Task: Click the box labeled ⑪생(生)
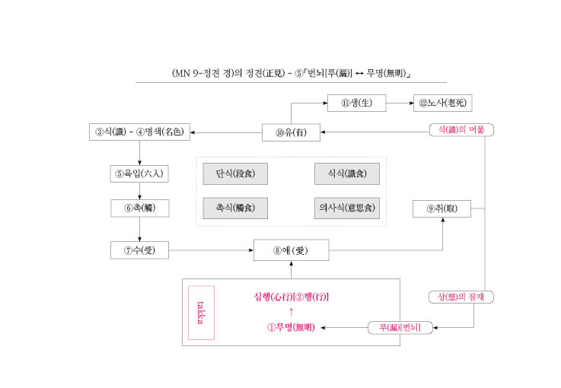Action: pyautogui.click(x=356, y=103)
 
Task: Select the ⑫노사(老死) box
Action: pyautogui.click(x=442, y=103)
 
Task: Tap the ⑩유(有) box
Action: pyautogui.click(x=291, y=132)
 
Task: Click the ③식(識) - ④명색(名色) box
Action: pyautogui.click(x=139, y=132)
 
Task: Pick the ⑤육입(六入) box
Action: pyautogui.click(x=139, y=173)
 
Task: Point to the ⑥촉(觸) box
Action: pyautogui.click(x=140, y=208)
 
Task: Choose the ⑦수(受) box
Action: pyautogui.click(x=139, y=250)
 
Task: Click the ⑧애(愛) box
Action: pyautogui.click(x=291, y=250)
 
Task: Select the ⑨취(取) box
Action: pyautogui.click(x=441, y=209)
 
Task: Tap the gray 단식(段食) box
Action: pyautogui.click(x=235, y=173)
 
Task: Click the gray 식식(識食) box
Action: pyautogui.click(x=347, y=173)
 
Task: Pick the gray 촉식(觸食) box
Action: pyautogui.click(x=235, y=208)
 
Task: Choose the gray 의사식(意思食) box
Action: pyautogui.click(x=347, y=208)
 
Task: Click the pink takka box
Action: pyautogui.click(x=201, y=313)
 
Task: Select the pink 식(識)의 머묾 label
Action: pyautogui.click(x=461, y=130)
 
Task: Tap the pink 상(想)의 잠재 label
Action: pyautogui.click(x=461, y=297)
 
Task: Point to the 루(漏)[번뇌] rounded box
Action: pyautogui.click(x=400, y=328)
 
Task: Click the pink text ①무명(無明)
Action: pyautogui.click(x=291, y=327)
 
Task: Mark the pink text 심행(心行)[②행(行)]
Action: pyautogui.click(x=291, y=297)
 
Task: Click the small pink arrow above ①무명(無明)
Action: pyautogui.click(x=292, y=312)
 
